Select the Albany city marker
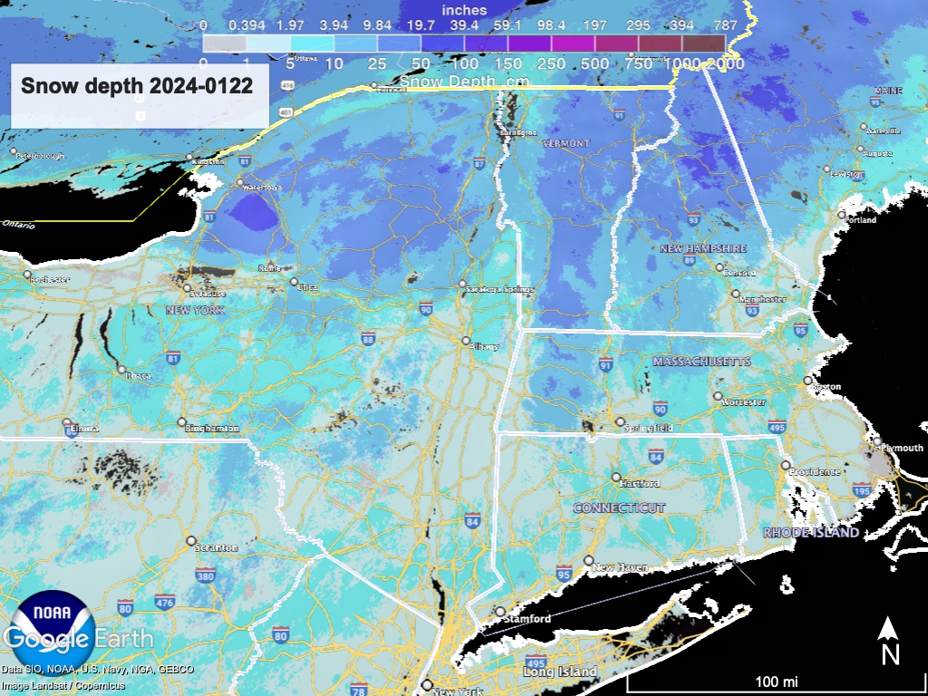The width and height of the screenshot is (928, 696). tap(466, 342)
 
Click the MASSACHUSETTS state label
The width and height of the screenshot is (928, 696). tap(701, 362)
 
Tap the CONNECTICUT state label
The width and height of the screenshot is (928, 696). tap(619, 507)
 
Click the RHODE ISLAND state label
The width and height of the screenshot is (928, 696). tap(811, 533)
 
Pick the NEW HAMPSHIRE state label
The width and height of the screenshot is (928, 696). tap(702, 248)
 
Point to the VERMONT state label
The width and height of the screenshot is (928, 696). tap(565, 143)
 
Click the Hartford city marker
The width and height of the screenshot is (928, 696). tap(616, 477)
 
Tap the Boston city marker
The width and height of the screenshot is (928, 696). tap(807, 381)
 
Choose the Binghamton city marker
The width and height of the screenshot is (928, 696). tap(181, 422)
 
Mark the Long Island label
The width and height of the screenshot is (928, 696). tap(559, 672)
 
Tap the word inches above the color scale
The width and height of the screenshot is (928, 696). tap(463, 10)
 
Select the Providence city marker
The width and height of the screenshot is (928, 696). tap(785, 465)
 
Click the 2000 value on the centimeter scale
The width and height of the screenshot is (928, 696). tap(726, 64)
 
